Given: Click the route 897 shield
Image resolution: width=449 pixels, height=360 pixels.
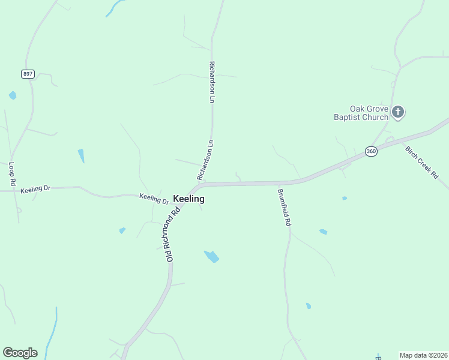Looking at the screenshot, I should coord(28,74).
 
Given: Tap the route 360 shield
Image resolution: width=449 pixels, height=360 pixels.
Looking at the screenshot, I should coord(371,151).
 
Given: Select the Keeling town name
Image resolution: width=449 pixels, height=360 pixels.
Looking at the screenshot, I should coord(188,199).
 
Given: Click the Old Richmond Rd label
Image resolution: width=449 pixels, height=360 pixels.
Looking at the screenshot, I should coord(173,235).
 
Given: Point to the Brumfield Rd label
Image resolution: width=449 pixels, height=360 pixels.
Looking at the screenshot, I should coord(284,208).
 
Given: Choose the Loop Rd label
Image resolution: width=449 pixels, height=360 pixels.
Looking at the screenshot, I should coord(11,173).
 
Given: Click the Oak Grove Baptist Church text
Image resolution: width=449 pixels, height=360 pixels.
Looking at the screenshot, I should coord(361,113).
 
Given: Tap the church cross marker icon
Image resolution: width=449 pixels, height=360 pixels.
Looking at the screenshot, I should coord(398,111).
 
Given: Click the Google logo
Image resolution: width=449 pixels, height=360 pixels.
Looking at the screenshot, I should coord(20,353).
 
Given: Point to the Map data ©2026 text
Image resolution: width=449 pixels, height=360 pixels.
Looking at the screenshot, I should coord(424,355).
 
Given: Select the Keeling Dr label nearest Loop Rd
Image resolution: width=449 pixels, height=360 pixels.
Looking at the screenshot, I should coord(35,190).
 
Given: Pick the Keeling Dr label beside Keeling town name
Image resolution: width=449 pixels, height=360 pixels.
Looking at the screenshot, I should coord(154,197).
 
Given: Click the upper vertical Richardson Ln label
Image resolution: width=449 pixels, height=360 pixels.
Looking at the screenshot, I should coord(211,82).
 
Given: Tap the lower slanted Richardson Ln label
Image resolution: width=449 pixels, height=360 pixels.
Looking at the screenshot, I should coord(205,161).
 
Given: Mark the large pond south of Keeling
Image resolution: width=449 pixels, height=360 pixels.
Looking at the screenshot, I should coord(211,256).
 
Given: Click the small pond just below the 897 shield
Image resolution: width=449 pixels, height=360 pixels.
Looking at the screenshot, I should coord(13,95).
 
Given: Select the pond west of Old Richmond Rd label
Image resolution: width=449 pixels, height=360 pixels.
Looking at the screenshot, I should coord(122,230).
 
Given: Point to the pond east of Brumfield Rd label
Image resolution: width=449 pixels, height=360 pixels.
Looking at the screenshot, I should coord(324,232).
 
